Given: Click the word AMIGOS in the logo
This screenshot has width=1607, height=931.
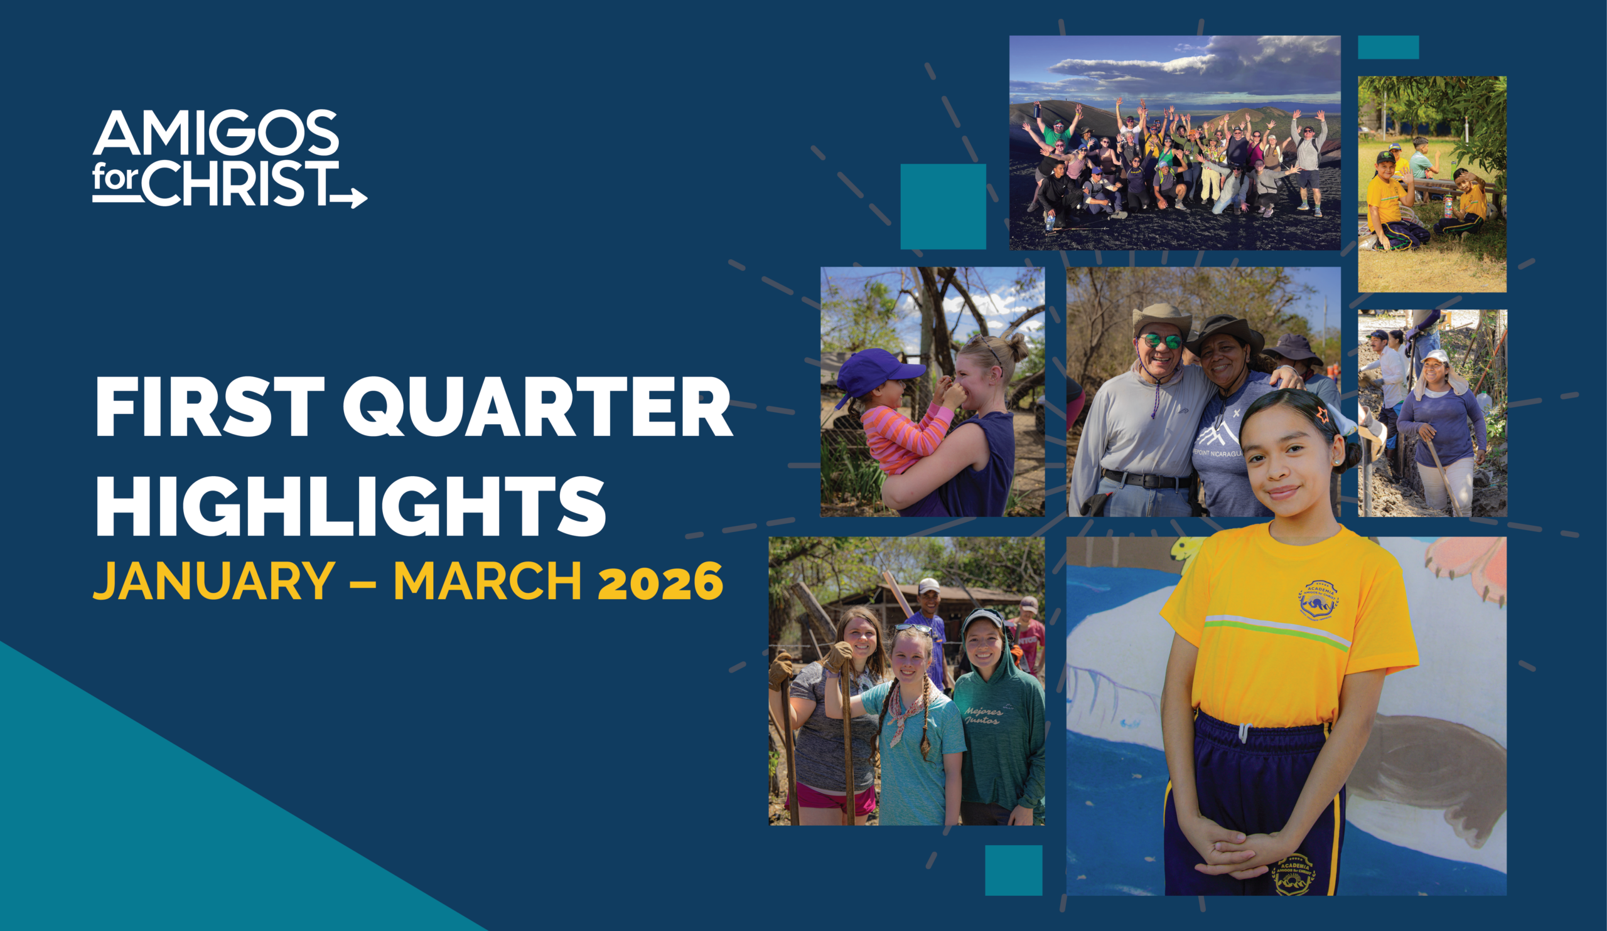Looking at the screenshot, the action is point(215,132).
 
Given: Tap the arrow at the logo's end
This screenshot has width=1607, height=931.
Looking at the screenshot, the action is point(349,198).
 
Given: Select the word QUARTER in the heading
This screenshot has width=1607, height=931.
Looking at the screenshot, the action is point(537,406).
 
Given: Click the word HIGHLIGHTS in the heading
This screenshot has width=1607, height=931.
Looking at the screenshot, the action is point(350,505).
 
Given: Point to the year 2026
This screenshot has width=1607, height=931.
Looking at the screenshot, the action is point(660,581).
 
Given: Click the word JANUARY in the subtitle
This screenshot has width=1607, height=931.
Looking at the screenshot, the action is point(214,580).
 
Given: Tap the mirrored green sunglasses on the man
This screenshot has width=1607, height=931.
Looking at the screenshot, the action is point(1162,341).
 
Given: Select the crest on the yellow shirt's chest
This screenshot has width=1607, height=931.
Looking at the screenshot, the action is point(1318,600).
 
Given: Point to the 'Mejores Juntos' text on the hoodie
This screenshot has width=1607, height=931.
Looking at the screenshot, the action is point(982,716).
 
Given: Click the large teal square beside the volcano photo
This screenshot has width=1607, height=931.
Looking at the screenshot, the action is point(943,206).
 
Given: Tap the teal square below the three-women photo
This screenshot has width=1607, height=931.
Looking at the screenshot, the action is point(1013,870).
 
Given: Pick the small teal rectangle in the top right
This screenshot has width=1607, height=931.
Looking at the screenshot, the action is point(1389,47).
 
